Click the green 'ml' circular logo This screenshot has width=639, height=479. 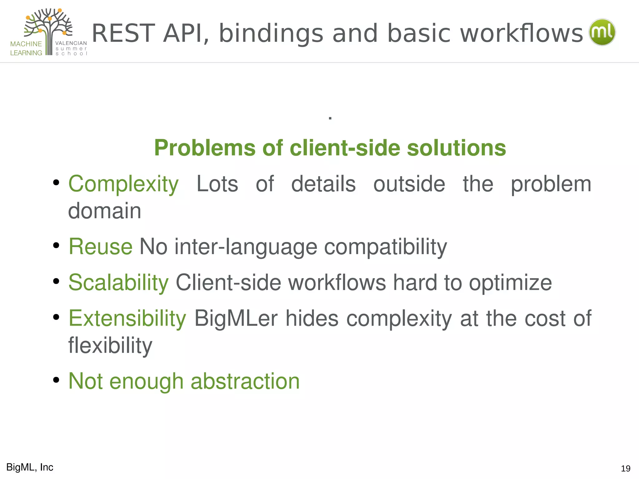tap(602, 32)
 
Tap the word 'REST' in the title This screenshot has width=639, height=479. tap(124, 33)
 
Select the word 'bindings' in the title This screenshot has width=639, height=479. tap(271, 34)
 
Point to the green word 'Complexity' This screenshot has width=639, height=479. tap(124, 184)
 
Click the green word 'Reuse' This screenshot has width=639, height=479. tap(100, 247)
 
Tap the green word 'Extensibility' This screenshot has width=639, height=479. tap(127, 319)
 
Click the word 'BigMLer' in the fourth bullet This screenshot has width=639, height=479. tap(236, 319)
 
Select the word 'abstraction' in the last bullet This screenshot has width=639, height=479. tap(245, 381)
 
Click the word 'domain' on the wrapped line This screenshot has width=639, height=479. tap(105, 211)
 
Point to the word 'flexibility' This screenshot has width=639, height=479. tap(110, 346)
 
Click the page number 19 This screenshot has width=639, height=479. tap(626, 468)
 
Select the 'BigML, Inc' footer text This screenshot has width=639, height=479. tap(30, 467)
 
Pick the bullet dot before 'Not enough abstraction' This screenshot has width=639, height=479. tap(56, 380)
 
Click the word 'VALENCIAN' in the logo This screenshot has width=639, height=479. tap(71, 43)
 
